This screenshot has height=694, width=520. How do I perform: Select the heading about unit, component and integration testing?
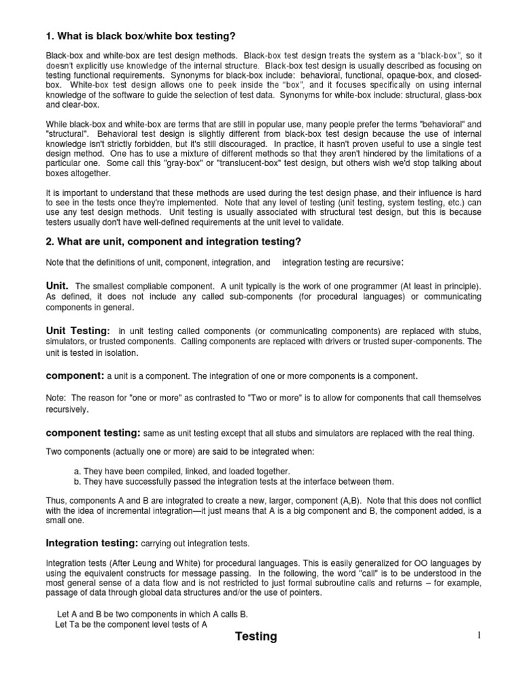point(173,242)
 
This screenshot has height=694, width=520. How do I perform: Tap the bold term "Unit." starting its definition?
point(58,286)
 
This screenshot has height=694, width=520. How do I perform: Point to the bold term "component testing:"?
point(93,432)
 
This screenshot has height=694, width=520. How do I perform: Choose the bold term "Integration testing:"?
point(92,543)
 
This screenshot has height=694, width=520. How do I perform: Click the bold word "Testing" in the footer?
point(256,636)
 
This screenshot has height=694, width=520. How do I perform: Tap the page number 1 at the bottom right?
point(477,634)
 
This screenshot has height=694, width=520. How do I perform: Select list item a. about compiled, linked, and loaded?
point(181,471)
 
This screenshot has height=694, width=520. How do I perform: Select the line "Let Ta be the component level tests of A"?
point(131,624)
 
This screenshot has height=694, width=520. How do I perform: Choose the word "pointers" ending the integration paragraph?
point(295,592)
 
